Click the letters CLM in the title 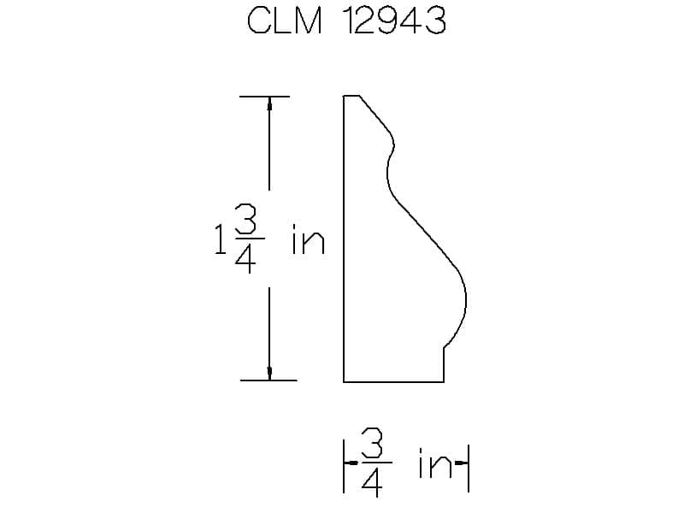click(x=284, y=21)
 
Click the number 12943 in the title click(x=394, y=21)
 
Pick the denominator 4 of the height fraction click(x=245, y=260)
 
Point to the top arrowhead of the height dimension click(x=269, y=103)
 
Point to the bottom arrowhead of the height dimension click(x=269, y=373)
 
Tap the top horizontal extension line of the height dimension click(x=264, y=97)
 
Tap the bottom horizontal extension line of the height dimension click(x=268, y=380)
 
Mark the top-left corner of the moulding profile click(x=344, y=97)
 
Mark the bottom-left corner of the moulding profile click(x=344, y=380)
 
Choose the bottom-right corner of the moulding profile click(x=444, y=380)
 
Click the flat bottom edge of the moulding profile click(x=393, y=380)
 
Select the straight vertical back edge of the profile click(x=344, y=239)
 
